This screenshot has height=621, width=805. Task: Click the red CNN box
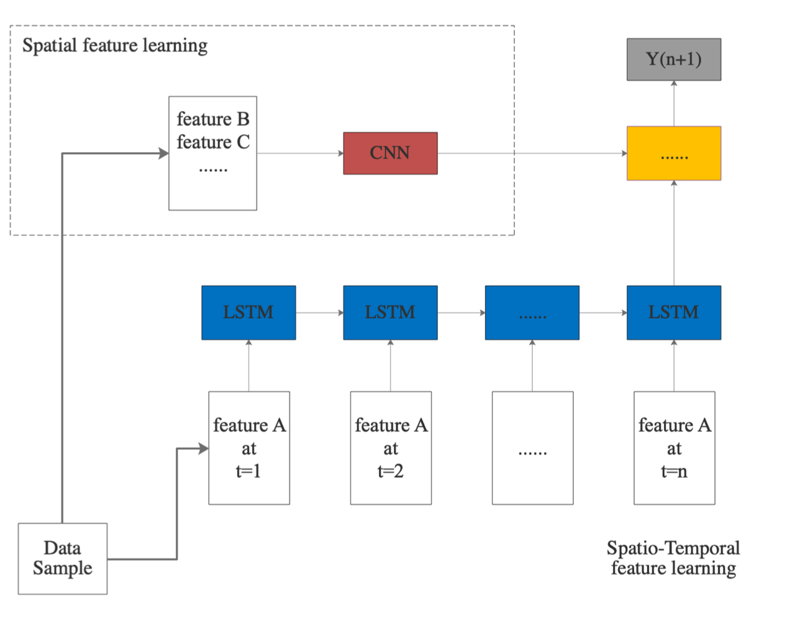tap(390, 153)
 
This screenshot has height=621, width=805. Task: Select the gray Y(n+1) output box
tap(673, 59)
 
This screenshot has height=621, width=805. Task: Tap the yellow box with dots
tap(673, 153)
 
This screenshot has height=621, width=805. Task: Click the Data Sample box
tap(63, 558)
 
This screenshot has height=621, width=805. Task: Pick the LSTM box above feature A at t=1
tap(248, 312)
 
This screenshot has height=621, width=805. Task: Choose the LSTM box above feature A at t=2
tap(390, 312)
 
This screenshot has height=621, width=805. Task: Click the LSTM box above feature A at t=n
tap(673, 312)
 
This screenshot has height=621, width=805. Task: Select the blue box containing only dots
tap(532, 312)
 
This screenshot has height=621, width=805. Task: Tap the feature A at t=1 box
tap(249, 448)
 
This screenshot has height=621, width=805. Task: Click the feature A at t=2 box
tap(391, 448)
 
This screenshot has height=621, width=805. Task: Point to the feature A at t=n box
tap(674, 448)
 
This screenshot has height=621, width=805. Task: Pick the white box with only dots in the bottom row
tap(532, 448)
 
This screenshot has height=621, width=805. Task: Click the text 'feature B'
tap(213, 119)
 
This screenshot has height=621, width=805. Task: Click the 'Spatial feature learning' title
tap(115, 46)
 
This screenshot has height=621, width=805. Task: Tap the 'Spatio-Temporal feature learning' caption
tap(673, 558)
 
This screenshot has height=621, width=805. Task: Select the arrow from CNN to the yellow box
tap(532, 153)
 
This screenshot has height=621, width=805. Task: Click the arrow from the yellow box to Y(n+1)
tap(674, 103)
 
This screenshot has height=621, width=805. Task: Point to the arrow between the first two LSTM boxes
tap(319, 312)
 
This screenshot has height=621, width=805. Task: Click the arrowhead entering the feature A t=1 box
tap(203, 448)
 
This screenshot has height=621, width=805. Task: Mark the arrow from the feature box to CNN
tap(300, 153)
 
